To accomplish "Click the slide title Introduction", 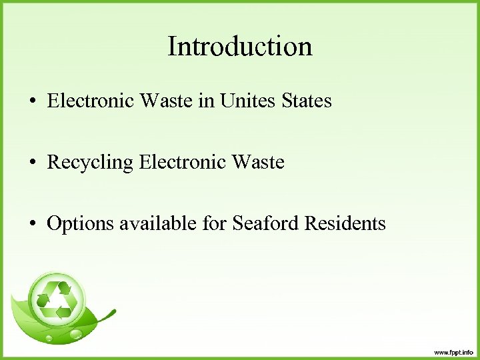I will tap(240, 47).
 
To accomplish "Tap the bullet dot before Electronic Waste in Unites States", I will tap(32, 102).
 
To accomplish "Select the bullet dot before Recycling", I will tap(32, 163).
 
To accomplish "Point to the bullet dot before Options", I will tap(32, 224).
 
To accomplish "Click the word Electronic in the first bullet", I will tap(90, 101).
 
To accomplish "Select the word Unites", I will tap(243, 101).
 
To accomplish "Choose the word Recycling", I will tap(90, 163).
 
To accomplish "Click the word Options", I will tap(80, 224).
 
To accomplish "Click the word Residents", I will tap(345, 223).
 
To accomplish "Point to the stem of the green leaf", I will tap(107, 315).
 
